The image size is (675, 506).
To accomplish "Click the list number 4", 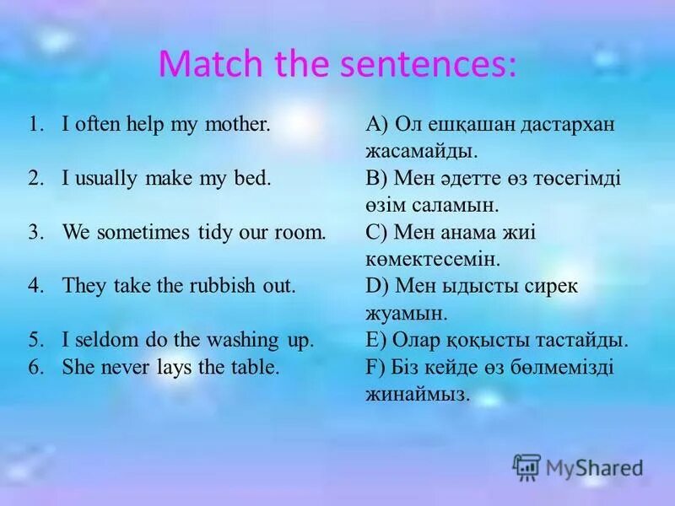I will pos(34,286).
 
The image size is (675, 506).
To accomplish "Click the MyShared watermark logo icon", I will pos(526,466).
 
